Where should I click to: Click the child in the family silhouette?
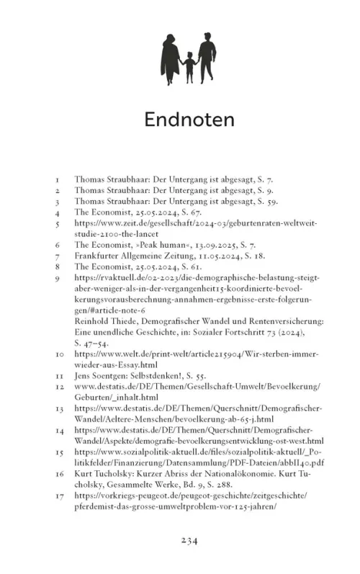coord(189,66)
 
